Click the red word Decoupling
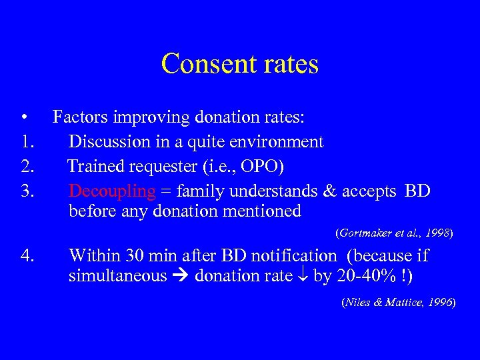tap(112, 191)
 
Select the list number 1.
tap(26, 142)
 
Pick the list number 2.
tap(27, 167)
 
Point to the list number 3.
tap(27, 191)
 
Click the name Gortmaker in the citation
tap(365, 233)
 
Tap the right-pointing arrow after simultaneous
tap(180, 276)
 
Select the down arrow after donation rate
tap(303, 276)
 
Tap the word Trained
tap(95, 167)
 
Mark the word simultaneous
tap(117, 276)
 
